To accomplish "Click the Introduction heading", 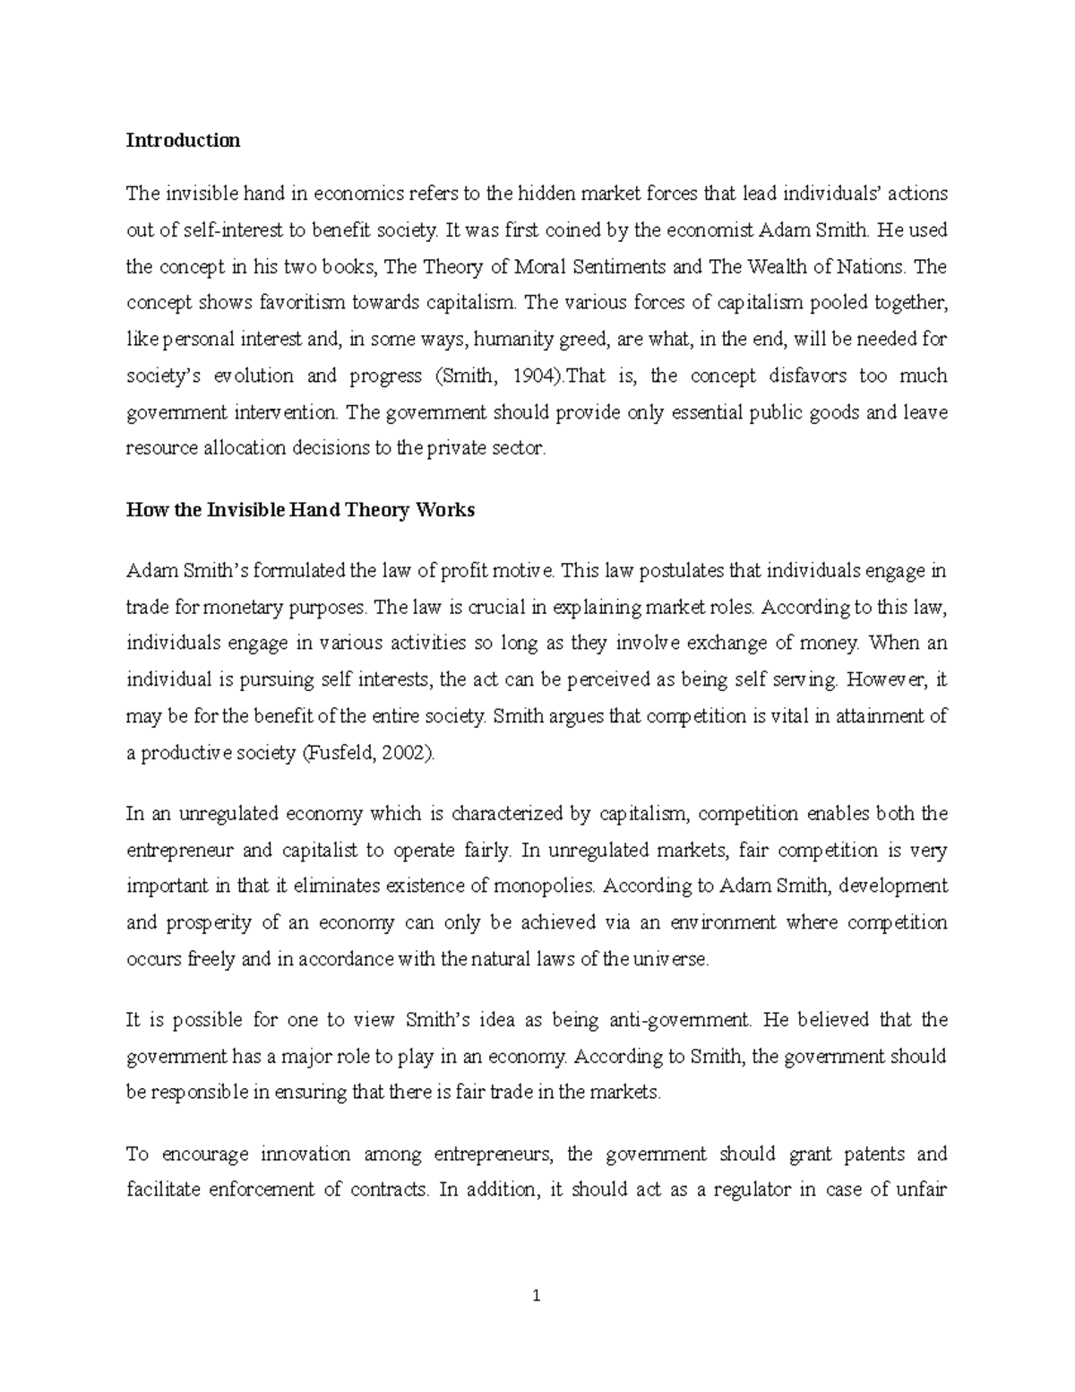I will pyautogui.click(x=183, y=140).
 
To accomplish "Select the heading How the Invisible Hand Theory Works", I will pyautogui.click(x=300, y=510).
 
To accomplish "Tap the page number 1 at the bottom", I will pyautogui.click(x=537, y=1295).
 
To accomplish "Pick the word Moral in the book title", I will pyautogui.click(x=520, y=267).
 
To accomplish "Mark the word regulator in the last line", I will pyautogui.click(x=752, y=1190).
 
